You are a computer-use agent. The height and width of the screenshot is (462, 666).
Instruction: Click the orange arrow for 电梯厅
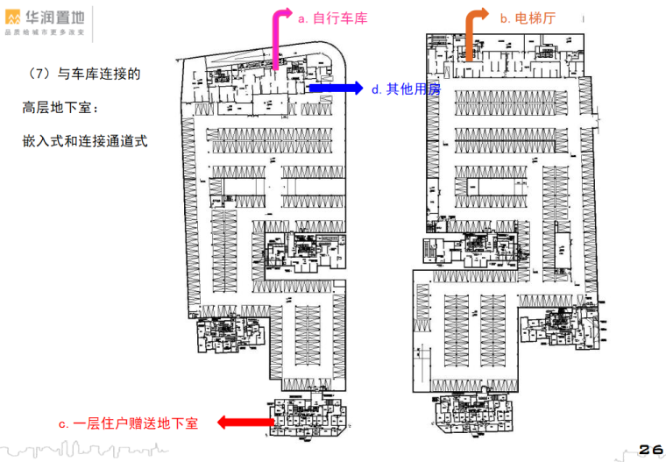click(471, 35)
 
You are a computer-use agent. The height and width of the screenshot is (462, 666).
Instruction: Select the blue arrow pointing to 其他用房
click(335, 88)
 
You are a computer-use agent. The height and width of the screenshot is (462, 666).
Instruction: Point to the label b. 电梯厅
click(528, 18)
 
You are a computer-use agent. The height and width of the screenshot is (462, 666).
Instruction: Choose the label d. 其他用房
click(406, 89)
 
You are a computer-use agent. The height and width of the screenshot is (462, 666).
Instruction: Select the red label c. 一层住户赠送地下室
click(129, 423)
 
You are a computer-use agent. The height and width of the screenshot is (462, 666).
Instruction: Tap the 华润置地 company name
click(56, 16)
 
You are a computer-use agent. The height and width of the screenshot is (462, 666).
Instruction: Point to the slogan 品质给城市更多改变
click(45, 32)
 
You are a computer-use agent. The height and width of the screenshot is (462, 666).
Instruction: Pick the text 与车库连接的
click(99, 75)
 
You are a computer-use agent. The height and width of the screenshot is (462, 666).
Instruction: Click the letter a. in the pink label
click(303, 18)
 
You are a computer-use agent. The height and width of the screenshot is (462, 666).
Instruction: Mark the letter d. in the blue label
click(376, 89)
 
